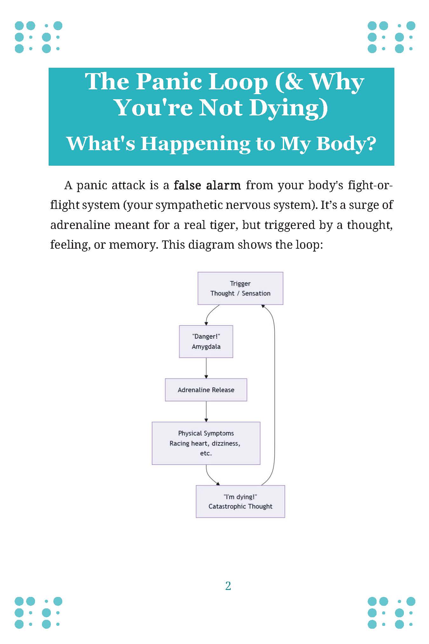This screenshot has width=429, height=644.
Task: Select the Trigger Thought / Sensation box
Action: [240, 288]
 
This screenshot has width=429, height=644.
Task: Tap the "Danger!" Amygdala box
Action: [206, 342]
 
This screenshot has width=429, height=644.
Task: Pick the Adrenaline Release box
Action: [206, 390]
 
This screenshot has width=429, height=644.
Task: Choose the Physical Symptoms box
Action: [206, 443]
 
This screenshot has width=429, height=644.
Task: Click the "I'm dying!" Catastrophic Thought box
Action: [240, 502]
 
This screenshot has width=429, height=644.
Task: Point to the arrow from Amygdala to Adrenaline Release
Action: [206, 368]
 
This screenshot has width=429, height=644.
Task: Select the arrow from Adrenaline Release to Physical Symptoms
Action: [206, 411]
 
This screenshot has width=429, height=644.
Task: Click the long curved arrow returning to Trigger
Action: [274, 394]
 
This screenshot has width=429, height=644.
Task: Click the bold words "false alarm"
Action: [207, 185]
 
